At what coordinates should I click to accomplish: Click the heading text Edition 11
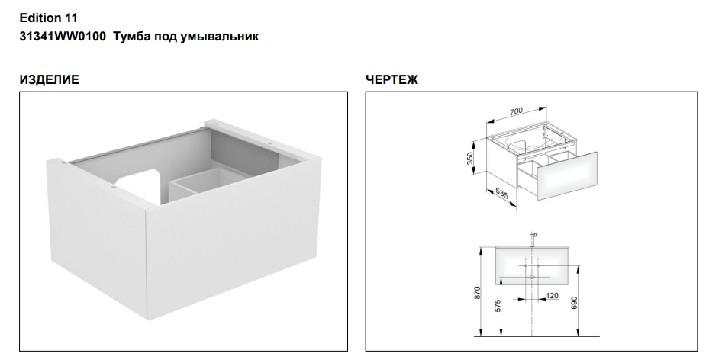coord(48,18)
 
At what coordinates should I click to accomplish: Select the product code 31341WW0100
coord(63,37)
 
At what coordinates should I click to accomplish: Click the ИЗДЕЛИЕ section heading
coord(50,79)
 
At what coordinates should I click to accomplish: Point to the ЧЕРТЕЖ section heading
coord(392,79)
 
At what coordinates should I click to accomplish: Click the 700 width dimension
coord(516,111)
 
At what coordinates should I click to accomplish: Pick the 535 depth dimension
coord(501,194)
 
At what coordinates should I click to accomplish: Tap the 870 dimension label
coord(477,293)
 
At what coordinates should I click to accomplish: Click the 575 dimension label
coord(498,307)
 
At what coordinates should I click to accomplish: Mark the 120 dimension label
coord(552,295)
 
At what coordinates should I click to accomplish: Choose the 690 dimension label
coord(574,303)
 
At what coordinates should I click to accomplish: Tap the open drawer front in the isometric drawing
coord(567,176)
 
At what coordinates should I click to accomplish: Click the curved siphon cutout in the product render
coord(138,185)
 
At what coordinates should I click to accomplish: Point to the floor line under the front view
coord(537,336)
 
